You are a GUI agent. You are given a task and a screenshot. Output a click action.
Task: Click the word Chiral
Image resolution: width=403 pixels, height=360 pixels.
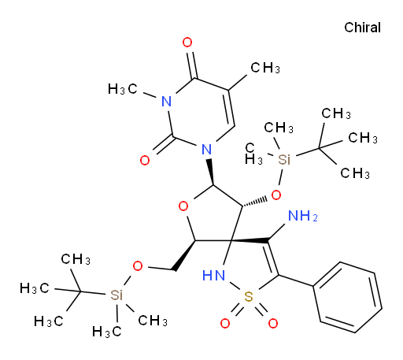coord(362,28)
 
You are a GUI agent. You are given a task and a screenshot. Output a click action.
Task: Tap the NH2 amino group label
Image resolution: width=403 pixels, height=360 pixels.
coord(302,216)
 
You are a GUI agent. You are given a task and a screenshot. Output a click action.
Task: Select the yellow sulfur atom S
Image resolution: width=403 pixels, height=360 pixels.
coord(248,297)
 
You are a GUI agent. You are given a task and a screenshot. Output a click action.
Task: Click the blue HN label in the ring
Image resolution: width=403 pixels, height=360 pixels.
coord(214,276)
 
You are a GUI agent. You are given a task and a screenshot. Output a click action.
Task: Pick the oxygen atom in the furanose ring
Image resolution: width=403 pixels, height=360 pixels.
coord(183,206)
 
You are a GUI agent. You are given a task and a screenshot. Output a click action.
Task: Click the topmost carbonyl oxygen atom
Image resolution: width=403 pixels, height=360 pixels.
coord(187,43)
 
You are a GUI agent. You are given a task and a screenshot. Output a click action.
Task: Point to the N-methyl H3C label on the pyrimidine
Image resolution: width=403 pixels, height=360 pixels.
coord(122,89)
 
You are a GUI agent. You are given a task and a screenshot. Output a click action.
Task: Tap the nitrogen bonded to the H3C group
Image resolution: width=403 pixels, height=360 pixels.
coord(167,102)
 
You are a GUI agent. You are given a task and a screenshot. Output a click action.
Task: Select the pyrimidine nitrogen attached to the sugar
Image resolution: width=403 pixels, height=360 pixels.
coord(207,150)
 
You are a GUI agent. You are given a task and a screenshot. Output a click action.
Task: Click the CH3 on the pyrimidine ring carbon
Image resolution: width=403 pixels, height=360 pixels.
coord(265,68)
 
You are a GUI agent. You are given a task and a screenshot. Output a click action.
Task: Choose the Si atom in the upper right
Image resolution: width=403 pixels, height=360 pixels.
coord(284,159)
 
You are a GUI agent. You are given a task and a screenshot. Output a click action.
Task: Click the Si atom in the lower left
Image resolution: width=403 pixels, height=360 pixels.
coord(116,295)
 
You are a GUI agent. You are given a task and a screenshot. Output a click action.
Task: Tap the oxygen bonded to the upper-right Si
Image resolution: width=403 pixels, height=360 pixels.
coord(276,195)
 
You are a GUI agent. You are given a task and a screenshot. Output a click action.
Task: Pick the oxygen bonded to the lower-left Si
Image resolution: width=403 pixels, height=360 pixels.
coord(138,266)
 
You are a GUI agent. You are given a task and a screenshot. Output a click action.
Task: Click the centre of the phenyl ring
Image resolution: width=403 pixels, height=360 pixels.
coord(347,298)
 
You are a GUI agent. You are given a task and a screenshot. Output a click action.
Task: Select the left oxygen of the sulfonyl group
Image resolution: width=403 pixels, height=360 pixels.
coord(225,323)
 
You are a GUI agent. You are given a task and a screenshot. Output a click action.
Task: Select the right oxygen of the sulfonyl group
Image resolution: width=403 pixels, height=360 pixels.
coord(273,323)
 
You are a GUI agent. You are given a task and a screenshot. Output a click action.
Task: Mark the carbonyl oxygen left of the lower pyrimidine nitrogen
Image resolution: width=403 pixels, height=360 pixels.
coord(145,160)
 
